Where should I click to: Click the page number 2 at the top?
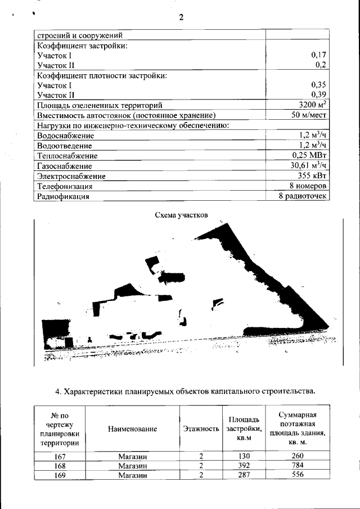181,17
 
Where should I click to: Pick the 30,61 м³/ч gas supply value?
306,165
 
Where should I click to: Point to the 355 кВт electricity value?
312,175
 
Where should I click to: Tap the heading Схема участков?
181,215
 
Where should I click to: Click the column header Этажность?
201,429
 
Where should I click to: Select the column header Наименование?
133,429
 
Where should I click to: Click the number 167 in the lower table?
60,456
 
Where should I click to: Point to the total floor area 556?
297,475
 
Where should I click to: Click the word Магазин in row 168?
133,466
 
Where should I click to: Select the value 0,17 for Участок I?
319,55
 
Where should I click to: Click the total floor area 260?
297,456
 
